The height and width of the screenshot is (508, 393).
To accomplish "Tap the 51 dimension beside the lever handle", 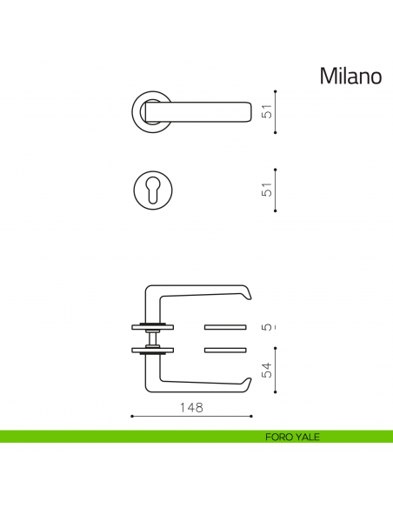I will pyautogui.click(x=268, y=111).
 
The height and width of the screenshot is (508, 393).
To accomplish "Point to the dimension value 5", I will pyautogui.click(x=268, y=327).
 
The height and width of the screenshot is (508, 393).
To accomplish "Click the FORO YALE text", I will pyautogui.click(x=292, y=437).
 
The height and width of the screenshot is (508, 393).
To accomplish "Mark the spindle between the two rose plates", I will pyautogui.click(x=153, y=338).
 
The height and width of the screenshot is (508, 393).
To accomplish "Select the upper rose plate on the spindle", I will pyautogui.click(x=153, y=327).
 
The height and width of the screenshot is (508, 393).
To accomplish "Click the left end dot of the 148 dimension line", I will pyautogui.click(x=131, y=417).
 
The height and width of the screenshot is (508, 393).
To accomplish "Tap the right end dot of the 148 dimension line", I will pyautogui.click(x=251, y=417).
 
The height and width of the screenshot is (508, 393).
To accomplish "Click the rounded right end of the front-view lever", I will pyautogui.click(x=248, y=110).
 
